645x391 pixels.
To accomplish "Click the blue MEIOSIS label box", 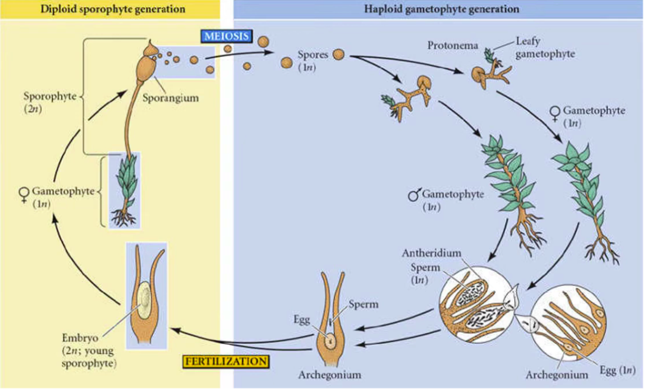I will [226, 36].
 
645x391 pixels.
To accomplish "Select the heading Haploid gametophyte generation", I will [441, 9].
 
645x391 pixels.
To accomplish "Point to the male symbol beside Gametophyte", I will [413, 195].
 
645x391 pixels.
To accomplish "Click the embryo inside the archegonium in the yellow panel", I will [144, 296].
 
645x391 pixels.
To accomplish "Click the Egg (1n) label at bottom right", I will [615, 371].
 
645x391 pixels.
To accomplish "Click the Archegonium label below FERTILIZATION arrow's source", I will [330, 375].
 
